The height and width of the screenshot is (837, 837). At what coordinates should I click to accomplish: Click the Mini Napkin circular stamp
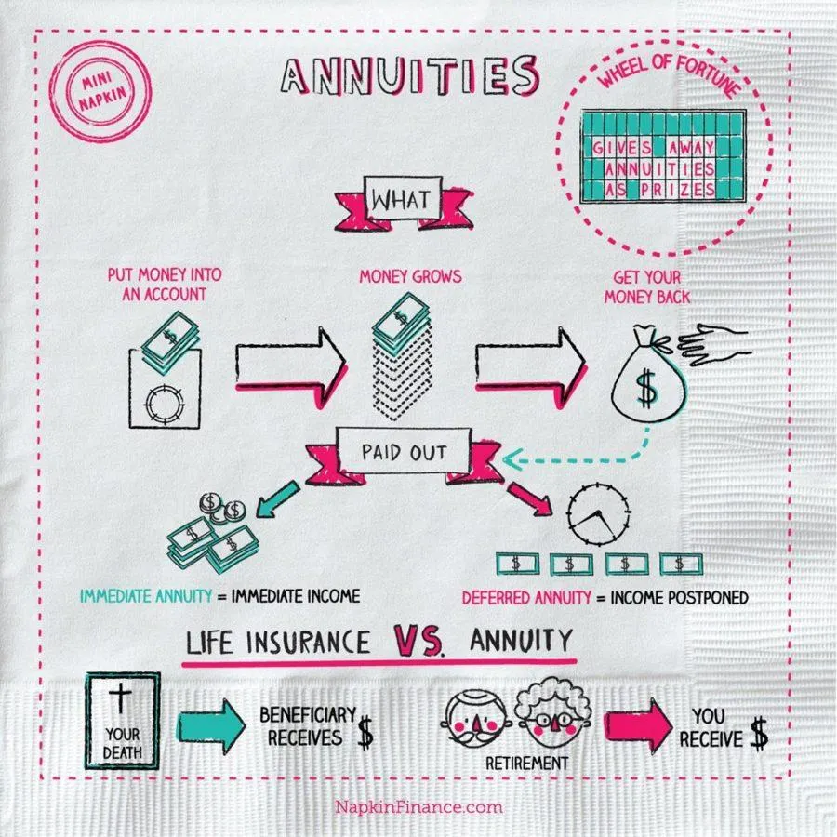point(100,92)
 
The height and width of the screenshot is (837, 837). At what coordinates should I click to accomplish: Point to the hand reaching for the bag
point(713,344)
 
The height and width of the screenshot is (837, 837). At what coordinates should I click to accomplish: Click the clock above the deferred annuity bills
point(598,514)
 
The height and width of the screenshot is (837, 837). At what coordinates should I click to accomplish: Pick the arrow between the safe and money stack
point(291,367)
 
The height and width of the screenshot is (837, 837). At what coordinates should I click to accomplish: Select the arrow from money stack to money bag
point(531,367)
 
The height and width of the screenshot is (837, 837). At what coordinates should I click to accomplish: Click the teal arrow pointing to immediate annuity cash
point(277,498)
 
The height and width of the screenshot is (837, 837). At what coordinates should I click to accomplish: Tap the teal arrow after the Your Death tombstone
point(211,726)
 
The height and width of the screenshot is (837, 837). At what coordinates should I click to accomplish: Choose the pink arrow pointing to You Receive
point(638,725)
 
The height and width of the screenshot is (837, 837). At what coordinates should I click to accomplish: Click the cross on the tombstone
point(120,699)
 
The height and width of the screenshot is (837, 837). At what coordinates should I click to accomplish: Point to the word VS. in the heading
point(418,641)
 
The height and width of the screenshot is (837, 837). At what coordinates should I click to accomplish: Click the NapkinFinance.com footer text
point(419,806)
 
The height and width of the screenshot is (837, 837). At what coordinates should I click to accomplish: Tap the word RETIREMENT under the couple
point(527,764)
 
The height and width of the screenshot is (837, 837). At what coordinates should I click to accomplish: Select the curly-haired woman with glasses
point(554,713)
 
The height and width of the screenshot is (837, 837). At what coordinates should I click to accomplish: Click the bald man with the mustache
point(475,719)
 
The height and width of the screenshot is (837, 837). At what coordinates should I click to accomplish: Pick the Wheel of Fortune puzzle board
point(663,156)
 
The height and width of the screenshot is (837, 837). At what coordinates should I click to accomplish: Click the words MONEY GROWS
point(410,276)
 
